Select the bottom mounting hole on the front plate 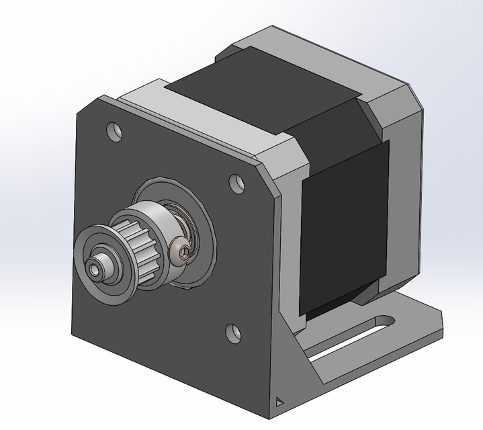pyautogui.click(x=231, y=331)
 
